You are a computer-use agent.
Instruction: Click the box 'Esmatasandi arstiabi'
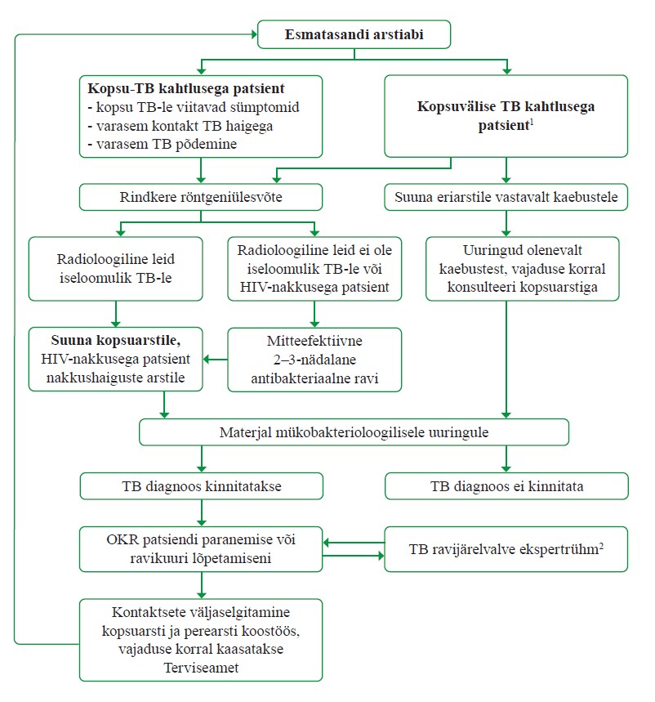(x=354, y=34)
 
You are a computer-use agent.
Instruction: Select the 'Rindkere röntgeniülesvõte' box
(x=201, y=197)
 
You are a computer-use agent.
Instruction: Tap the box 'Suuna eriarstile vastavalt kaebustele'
(x=506, y=197)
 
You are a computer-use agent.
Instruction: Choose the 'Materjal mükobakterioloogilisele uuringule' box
(x=354, y=432)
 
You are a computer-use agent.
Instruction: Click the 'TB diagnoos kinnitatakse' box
(x=202, y=486)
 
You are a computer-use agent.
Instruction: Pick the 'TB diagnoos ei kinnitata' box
(x=506, y=486)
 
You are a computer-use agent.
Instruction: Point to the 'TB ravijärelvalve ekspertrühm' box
(x=506, y=549)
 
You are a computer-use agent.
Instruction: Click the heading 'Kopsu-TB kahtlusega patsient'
(x=185, y=88)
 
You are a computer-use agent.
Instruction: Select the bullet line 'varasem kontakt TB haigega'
(x=180, y=126)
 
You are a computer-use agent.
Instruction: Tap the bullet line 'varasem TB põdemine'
(x=163, y=144)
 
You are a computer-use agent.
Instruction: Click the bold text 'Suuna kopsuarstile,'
(x=116, y=341)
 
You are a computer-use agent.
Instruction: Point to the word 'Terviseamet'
(x=202, y=668)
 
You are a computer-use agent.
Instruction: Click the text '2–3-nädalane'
(x=314, y=360)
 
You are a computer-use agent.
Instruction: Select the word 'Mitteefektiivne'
(x=314, y=341)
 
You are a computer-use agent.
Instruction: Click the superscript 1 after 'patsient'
(x=532, y=122)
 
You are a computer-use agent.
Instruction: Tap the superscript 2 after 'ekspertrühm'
(x=601, y=545)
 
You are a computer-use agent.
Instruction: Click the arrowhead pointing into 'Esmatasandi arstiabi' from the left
(x=255, y=34)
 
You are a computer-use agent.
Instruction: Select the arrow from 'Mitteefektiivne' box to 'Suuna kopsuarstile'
(x=215, y=359)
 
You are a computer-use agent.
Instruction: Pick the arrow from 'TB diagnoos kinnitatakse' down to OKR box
(x=202, y=513)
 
